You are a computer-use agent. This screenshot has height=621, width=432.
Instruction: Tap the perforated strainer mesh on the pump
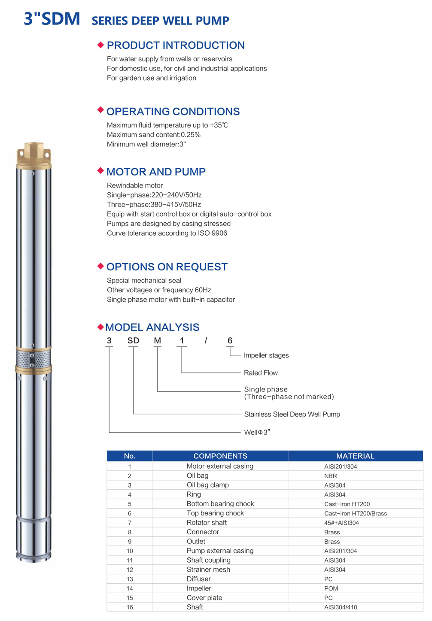click(x=33, y=358)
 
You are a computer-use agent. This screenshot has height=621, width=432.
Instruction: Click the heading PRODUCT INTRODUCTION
click(x=176, y=45)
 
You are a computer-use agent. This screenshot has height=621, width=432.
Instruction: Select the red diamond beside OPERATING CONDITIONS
click(x=100, y=110)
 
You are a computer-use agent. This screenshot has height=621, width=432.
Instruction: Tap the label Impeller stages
click(x=266, y=355)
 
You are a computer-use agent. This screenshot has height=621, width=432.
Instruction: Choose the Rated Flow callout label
click(x=261, y=373)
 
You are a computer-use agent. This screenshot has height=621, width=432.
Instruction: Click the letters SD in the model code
click(x=133, y=341)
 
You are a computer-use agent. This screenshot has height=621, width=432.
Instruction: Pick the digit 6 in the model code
click(x=230, y=341)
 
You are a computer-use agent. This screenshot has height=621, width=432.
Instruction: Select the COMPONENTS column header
click(x=220, y=456)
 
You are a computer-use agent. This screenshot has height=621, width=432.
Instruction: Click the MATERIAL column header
click(x=355, y=456)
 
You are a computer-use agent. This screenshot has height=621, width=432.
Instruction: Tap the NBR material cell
click(x=331, y=476)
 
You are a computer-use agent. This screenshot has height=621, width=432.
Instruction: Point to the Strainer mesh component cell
click(x=208, y=570)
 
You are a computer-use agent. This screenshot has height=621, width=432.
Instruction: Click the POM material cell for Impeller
click(x=331, y=588)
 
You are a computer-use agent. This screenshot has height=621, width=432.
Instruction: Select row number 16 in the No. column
click(x=130, y=607)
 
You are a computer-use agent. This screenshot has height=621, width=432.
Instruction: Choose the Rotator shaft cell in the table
click(x=207, y=523)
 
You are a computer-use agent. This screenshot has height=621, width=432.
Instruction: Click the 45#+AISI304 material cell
click(x=341, y=523)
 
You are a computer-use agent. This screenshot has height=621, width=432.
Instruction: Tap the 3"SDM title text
click(x=52, y=19)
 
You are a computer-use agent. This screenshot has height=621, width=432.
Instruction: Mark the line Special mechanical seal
click(x=144, y=281)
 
